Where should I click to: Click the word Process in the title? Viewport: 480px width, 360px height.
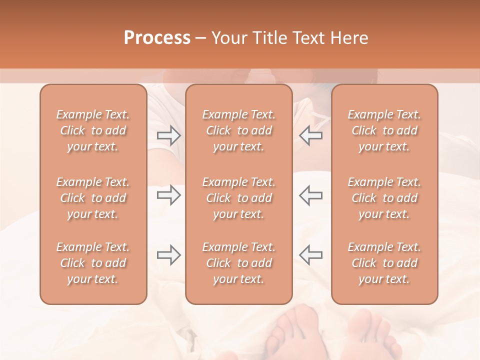tap(157, 38)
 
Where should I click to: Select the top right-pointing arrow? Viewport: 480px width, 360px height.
tap(169, 135)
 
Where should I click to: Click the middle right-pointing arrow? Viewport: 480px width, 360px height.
tap(169, 195)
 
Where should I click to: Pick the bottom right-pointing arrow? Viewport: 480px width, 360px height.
tap(169, 255)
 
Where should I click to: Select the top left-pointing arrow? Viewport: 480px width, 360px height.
tap(310, 135)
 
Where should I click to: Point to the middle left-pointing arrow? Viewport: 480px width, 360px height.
tap(310, 195)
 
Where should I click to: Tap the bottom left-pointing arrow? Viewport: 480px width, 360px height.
tap(310, 255)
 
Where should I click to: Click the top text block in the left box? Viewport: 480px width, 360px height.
tap(93, 130)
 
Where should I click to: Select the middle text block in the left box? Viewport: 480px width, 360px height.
tap(93, 198)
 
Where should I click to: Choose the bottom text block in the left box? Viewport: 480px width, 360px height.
tap(93, 263)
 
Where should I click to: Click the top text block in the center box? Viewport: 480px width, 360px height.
tap(238, 130)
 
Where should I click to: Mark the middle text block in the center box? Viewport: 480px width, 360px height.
tap(238, 198)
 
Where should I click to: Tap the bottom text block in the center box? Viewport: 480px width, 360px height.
tap(238, 263)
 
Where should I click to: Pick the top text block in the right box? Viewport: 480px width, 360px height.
tap(384, 130)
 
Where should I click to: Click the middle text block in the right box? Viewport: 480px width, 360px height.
tap(384, 198)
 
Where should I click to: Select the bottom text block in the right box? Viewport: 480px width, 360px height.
tap(384, 263)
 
